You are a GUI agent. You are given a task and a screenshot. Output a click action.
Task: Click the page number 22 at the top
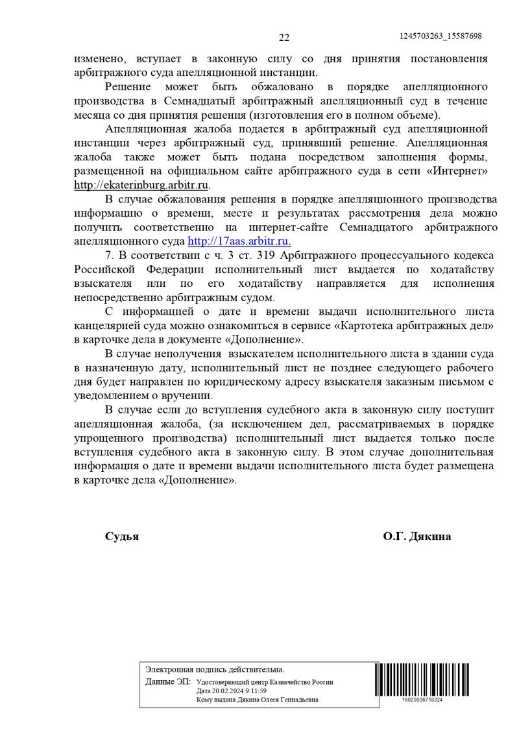pos(284,37)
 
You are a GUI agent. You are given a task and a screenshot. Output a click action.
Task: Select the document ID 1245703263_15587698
pos(441,36)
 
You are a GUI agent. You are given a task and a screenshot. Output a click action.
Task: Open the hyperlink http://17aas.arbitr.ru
pos(238,241)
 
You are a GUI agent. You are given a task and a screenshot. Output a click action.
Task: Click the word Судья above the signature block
pos(122,537)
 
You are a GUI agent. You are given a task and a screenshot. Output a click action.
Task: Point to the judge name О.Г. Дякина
pos(416,537)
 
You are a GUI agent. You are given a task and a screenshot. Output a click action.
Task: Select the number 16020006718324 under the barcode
pos(422,700)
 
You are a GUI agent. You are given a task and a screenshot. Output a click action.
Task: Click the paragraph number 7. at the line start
pos(110,255)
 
